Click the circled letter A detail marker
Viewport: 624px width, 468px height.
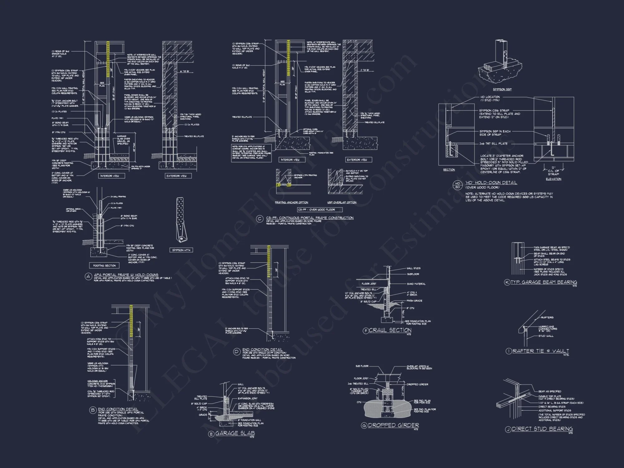click(x=88, y=276)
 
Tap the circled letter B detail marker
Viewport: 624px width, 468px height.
click(x=93, y=410)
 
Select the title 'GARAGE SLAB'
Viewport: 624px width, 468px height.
click(x=235, y=433)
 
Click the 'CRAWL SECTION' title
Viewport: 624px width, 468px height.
click(x=390, y=330)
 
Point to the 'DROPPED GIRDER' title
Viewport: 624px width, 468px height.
click(x=393, y=425)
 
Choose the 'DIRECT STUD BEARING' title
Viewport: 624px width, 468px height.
click(x=542, y=429)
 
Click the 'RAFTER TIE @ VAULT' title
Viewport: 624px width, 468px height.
click(x=541, y=351)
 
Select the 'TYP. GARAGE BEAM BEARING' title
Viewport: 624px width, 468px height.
click(x=544, y=282)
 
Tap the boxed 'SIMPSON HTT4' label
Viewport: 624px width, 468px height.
click(x=181, y=250)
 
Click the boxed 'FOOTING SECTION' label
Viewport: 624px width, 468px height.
click(x=105, y=266)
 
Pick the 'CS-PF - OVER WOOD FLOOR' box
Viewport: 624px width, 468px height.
click(x=320, y=210)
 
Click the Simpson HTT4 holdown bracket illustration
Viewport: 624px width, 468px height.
click(x=181, y=218)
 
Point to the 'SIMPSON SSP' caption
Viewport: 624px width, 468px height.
click(x=502, y=89)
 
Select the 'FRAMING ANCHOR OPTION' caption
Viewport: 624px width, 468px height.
click(x=291, y=202)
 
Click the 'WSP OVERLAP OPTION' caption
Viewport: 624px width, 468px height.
click(x=342, y=202)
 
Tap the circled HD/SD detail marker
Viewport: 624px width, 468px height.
click(x=458, y=185)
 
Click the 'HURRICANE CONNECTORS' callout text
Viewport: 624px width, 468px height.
click(x=548, y=328)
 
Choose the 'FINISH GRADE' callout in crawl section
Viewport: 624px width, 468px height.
click(x=414, y=301)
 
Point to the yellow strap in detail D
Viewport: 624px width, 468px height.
click(x=269, y=261)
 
